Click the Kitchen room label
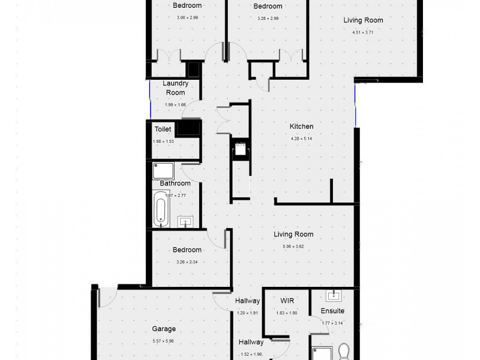[x=301, y=127]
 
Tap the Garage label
[x=163, y=329]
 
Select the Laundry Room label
[x=175, y=88]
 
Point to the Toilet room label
[x=163, y=129]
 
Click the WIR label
[x=286, y=301]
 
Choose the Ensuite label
[x=332, y=311]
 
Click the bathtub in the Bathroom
[x=161, y=209]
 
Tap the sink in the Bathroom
[x=186, y=223]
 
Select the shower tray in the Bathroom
[x=163, y=170]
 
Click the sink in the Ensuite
[x=332, y=295]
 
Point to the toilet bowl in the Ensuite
[x=344, y=350]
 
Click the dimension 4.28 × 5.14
[x=302, y=139]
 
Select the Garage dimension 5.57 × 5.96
[x=163, y=341]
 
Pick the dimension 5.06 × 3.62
[x=293, y=247]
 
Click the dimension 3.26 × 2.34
[x=187, y=262]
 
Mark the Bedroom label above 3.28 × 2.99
[x=268, y=7]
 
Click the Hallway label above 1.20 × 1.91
[x=247, y=301]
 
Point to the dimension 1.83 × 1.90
[x=286, y=313]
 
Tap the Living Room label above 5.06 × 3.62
[x=293, y=235]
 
